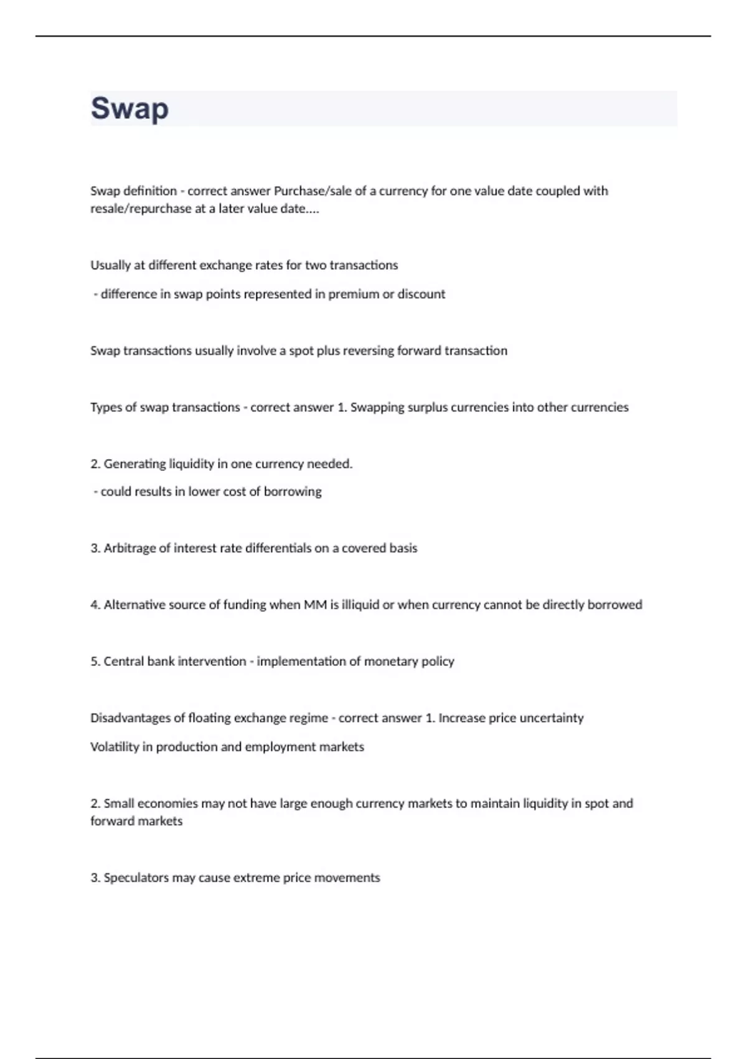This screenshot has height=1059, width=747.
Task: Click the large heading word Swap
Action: [129, 109]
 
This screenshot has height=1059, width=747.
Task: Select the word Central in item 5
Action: [124, 662]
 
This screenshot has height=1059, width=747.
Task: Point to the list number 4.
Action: [95, 605]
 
